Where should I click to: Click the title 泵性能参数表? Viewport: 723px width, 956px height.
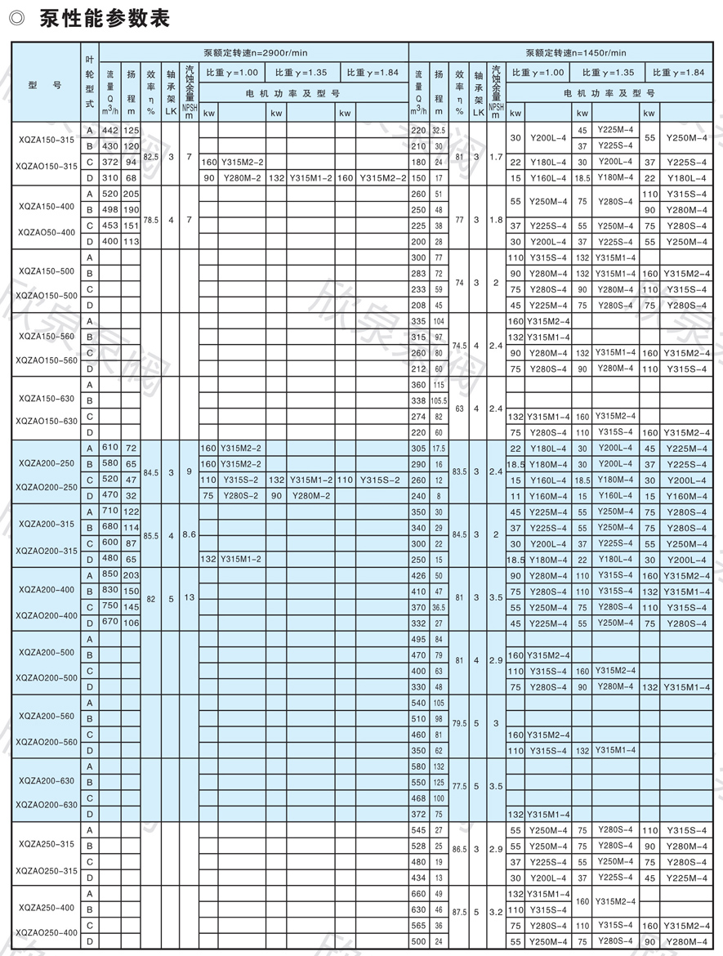pos(105,18)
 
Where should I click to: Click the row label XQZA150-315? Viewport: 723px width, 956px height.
pos(48,140)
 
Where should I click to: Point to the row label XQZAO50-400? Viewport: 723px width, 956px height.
pos(48,232)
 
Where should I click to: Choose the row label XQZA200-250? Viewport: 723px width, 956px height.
pos(48,462)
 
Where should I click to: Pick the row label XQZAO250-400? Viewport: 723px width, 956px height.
pos(48,932)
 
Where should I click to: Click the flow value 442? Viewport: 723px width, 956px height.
pos(109,131)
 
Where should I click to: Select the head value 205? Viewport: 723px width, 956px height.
pos(131,194)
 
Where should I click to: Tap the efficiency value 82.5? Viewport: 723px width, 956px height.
pos(150,154)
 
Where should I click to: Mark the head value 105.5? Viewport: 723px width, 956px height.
pos(439,400)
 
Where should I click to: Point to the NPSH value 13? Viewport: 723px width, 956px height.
pos(190,597)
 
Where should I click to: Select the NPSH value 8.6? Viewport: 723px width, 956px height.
pos(190,534)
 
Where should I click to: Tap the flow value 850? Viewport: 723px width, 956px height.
pos(109,575)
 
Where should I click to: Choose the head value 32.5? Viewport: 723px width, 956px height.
pos(439,131)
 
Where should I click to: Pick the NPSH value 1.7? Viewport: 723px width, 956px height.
pos(496,154)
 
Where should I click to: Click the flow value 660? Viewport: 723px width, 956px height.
pos(418,893)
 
